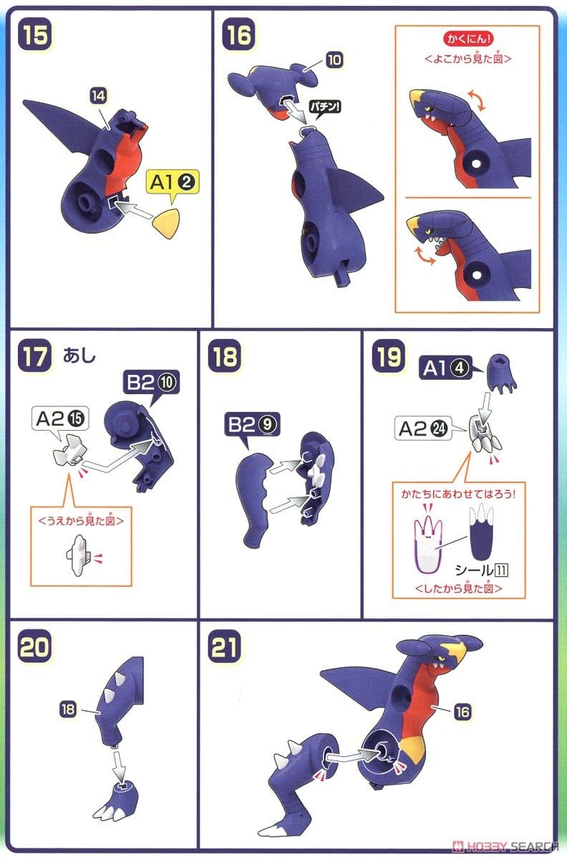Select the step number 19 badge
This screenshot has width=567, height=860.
pos(388,357)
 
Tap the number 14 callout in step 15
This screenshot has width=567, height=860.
pos(98,94)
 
